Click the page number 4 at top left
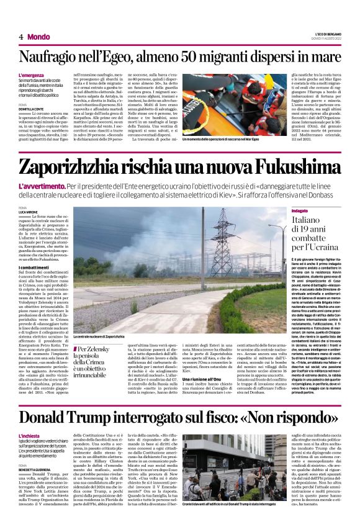click(20, 37)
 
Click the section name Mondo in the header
click(39, 37)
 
